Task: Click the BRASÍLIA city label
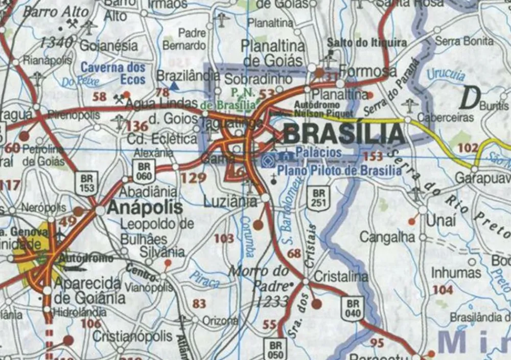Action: click(343, 134)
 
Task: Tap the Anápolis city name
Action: click(145, 208)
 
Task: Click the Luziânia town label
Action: click(230, 201)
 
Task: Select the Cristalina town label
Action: click(340, 277)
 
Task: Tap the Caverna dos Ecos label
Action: click(113, 73)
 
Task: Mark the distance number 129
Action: click(194, 178)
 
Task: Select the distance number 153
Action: click(373, 156)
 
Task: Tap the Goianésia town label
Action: click(109, 46)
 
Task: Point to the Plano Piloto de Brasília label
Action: click(339, 171)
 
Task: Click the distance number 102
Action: click(468, 148)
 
